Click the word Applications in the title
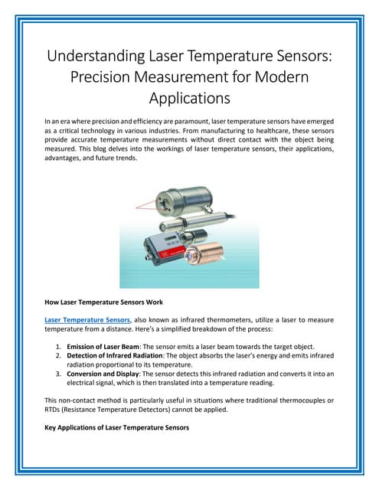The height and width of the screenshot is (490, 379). click(x=189, y=98)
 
